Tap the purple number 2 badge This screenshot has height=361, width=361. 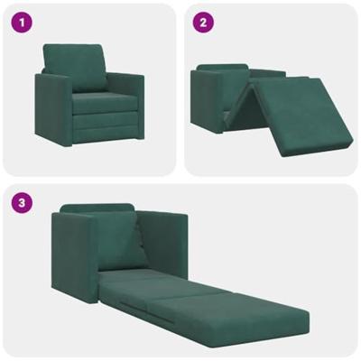[x=204, y=22]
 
